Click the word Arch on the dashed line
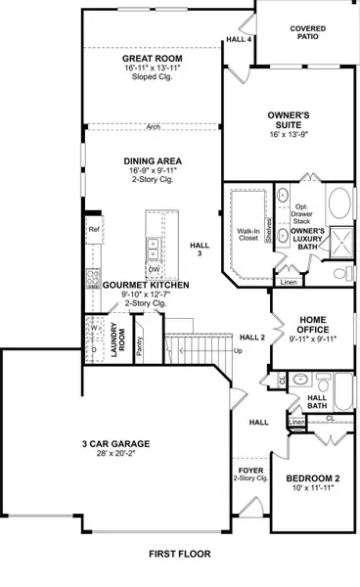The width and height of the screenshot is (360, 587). point(153,126)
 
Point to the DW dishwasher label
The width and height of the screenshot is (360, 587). point(154,269)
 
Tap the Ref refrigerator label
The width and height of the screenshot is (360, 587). point(95,230)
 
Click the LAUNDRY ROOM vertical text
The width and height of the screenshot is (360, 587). point(115,338)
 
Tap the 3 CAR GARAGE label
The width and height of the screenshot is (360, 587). point(118,443)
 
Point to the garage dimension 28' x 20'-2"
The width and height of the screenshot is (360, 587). point(118,455)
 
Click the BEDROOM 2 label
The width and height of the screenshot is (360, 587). point(312,478)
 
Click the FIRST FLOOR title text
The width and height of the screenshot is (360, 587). point(179,554)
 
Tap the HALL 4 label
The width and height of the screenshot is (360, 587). point(239,39)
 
